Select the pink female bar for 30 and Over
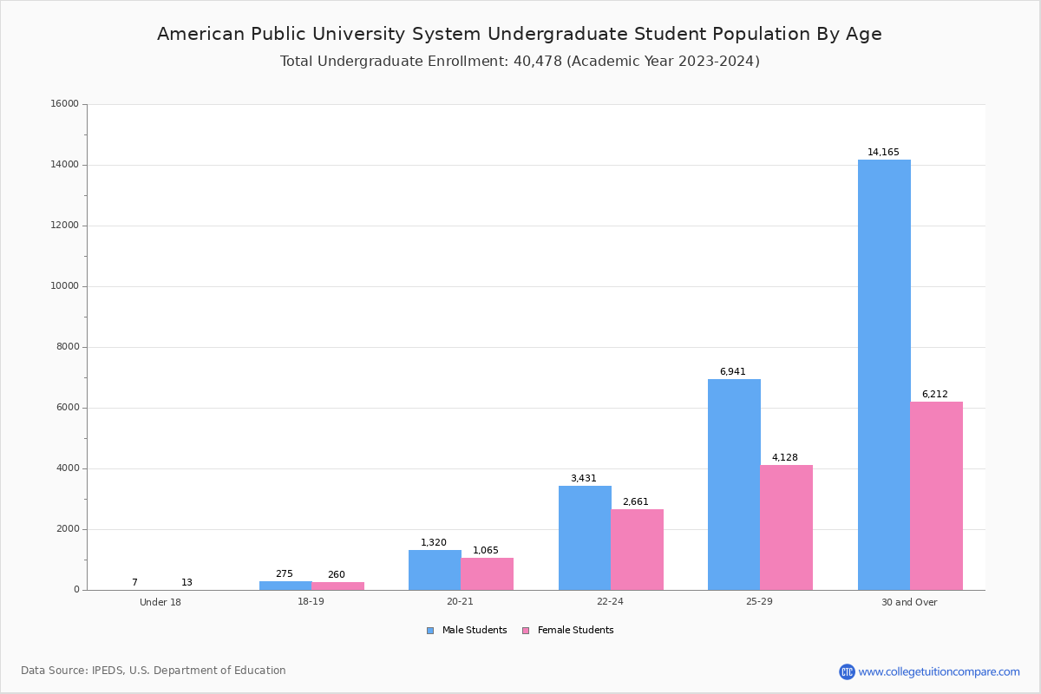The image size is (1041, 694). coord(936,495)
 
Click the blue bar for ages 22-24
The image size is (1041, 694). coord(585,538)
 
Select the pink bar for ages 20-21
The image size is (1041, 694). coord(487,573)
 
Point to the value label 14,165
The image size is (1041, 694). coord(883,153)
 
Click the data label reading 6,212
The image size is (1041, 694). coord(934,395)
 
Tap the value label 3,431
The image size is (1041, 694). coord(584,479)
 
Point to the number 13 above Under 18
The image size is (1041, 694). coord(187,583)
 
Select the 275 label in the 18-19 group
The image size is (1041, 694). coord(284,574)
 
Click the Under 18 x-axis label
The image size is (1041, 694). coord(160,603)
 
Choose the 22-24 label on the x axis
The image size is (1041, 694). coord(610,602)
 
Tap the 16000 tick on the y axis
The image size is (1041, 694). coord(64,104)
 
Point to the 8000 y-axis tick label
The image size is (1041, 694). coord(67,347)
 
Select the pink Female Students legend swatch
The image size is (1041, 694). coord(525,631)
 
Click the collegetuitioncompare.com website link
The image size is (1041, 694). coord(939,671)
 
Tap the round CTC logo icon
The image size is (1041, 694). coord(847,671)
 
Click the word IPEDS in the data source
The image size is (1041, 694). coord(108,671)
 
